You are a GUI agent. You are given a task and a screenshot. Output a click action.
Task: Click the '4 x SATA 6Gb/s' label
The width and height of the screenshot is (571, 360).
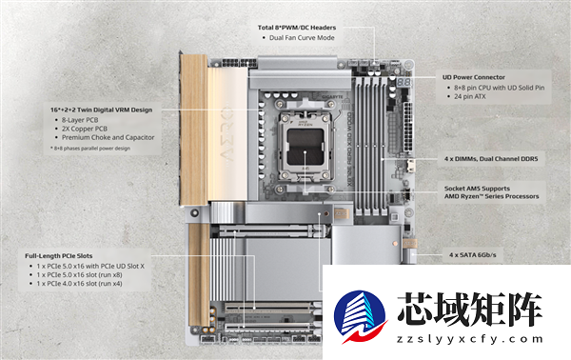coord(472,255)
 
